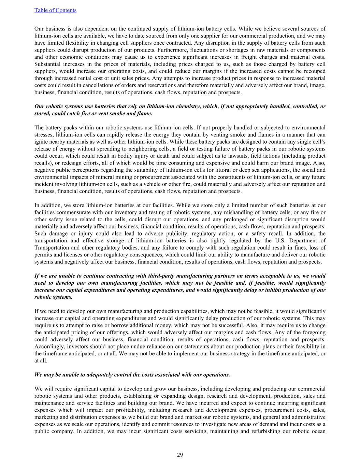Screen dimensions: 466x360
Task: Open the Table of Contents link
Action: pyautogui.click(x=55, y=10)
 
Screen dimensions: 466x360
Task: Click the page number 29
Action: pyautogui.click(x=180, y=455)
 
